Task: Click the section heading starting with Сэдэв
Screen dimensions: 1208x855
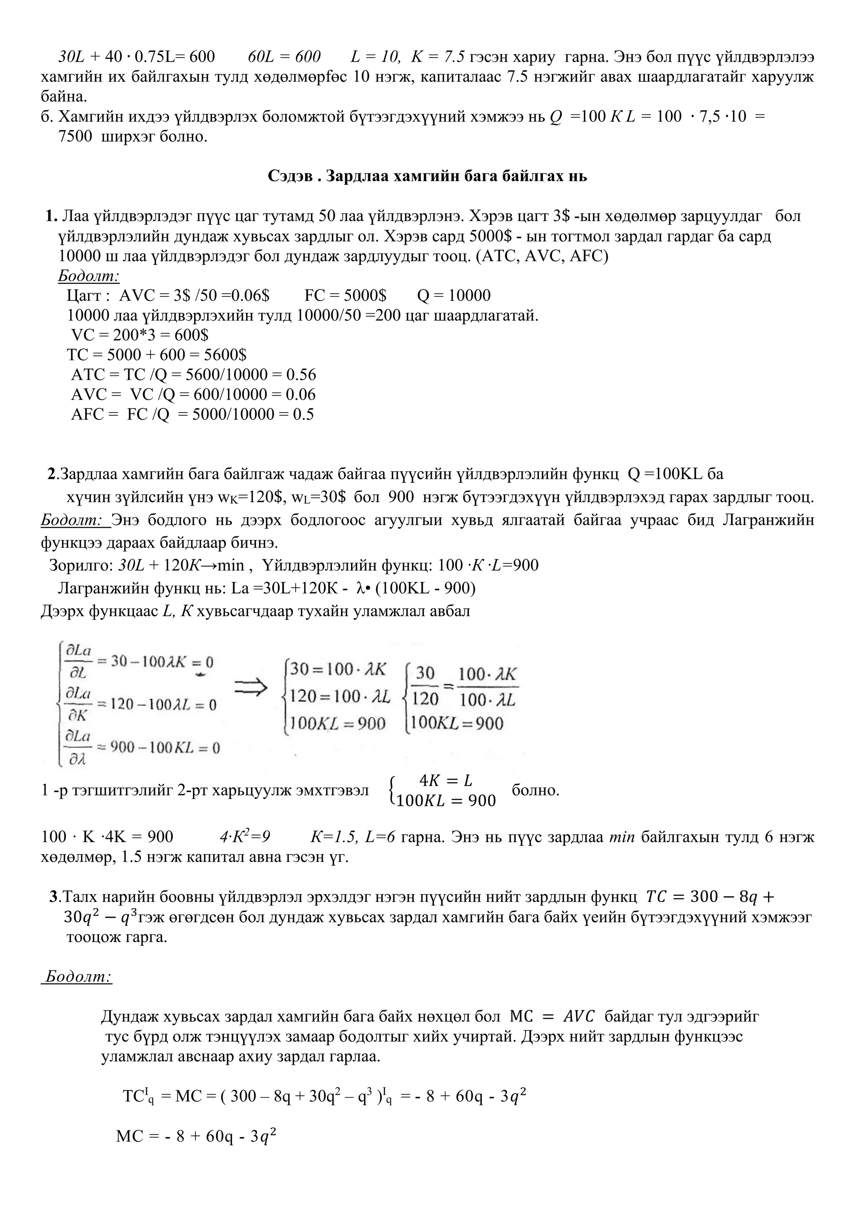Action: click(427, 176)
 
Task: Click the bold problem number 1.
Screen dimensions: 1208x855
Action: click(51, 216)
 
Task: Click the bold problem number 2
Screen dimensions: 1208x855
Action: click(52, 474)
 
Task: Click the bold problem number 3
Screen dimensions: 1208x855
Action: click(54, 896)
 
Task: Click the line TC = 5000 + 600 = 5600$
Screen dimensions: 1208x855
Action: click(157, 355)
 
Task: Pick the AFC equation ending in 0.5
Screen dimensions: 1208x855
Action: click(192, 415)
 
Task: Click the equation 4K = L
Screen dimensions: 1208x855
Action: click(446, 781)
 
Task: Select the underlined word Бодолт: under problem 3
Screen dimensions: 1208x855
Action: click(77, 977)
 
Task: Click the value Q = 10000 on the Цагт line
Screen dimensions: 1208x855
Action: click(453, 296)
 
